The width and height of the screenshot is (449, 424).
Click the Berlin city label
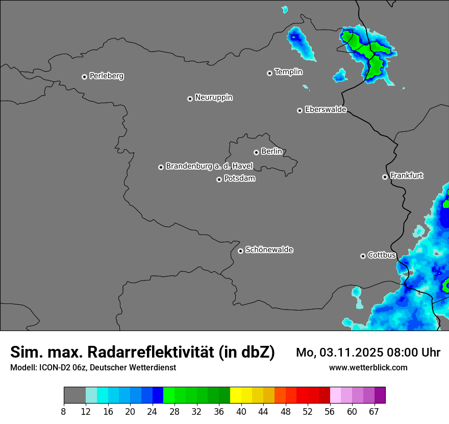pyautogui.click(x=271, y=152)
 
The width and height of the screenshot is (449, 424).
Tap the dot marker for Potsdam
pyautogui.click(x=219, y=179)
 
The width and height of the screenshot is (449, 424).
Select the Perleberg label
pyautogui.click(x=106, y=76)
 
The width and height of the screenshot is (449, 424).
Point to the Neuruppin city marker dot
pyautogui.click(x=190, y=99)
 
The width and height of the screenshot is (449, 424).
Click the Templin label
pyautogui.click(x=288, y=72)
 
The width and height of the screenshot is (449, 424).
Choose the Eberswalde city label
pyautogui.click(x=326, y=110)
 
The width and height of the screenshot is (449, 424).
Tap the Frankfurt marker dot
pyautogui.click(x=385, y=177)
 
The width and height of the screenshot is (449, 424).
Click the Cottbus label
pyautogui.click(x=382, y=255)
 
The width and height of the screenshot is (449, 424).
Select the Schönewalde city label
pyautogui.click(x=269, y=250)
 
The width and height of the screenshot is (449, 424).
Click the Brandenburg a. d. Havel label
pyautogui.click(x=209, y=166)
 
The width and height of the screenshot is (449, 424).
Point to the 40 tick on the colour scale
pyautogui.click(x=241, y=411)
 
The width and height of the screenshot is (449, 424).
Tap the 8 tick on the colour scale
pyautogui.click(x=63, y=411)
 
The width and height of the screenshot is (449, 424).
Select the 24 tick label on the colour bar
pyautogui.click(x=152, y=411)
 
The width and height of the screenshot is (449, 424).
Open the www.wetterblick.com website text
pyautogui.click(x=368, y=368)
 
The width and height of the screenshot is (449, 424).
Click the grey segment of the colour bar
pyautogui.click(x=74, y=395)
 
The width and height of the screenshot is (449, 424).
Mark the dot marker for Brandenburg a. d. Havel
pyautogui.click(x=161, y=167)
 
